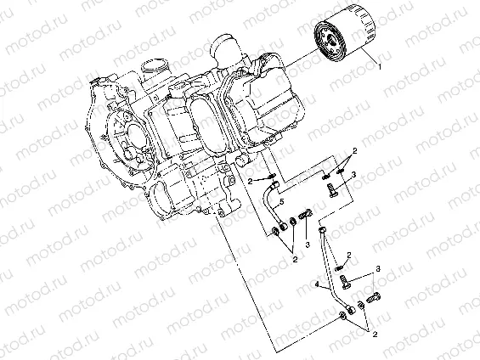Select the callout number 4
tap(317, 286)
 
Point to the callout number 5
tap(280, 204)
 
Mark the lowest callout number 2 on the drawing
tap(373, 335)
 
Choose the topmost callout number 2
tap(354, 150)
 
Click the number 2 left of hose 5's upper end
tap(251, 181)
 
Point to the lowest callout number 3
tap(378, 268)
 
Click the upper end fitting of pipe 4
tap(323, 228)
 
